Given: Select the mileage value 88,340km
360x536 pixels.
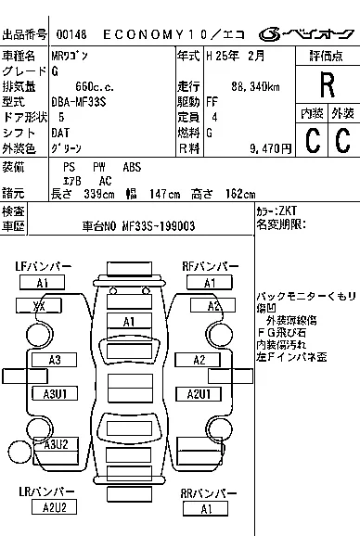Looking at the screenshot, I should tap(253, 86).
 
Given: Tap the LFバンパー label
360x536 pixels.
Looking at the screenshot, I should tap(42, 267).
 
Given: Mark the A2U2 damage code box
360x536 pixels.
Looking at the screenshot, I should tap(54, 507).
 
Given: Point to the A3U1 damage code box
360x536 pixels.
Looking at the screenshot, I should tap(54, 394).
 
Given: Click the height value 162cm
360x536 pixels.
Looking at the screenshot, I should tap(238, 193).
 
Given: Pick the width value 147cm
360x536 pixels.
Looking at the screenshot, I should tap(166, 193).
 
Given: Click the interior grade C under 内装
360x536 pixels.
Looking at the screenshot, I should tap(312, 140).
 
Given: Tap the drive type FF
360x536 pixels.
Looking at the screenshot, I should tap(213, 102).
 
